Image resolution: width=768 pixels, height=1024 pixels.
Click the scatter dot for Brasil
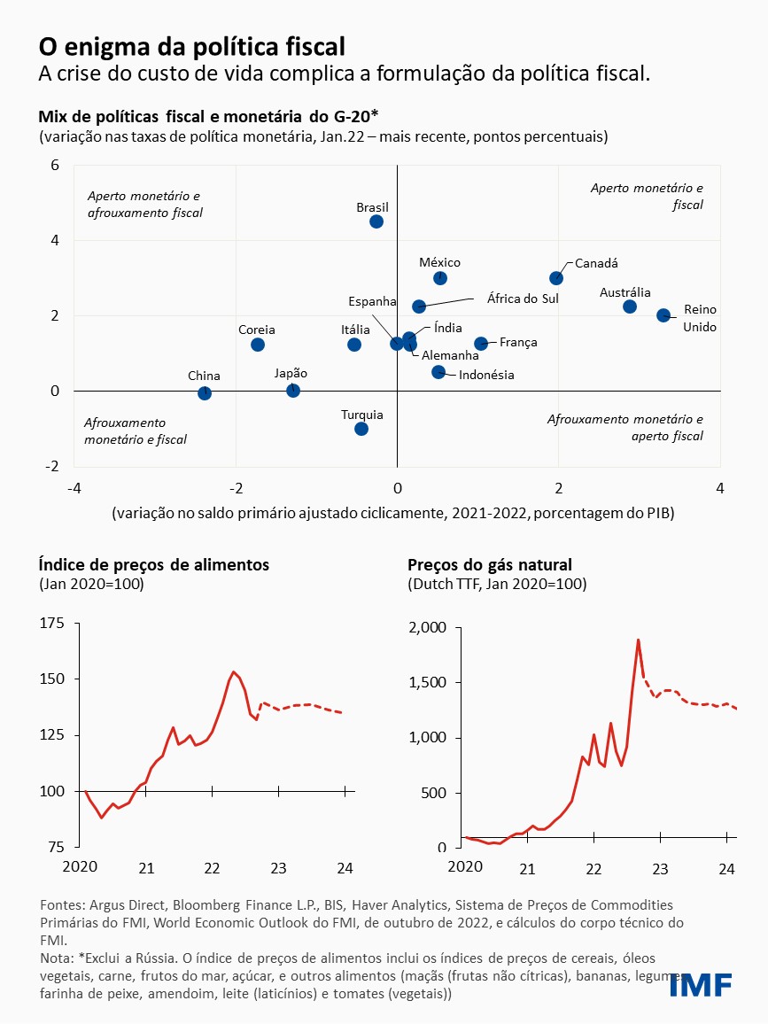coord(376,221)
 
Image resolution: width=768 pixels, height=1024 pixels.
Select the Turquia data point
coord(361,429)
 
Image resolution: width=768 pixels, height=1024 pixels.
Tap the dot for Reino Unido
coord(663,315)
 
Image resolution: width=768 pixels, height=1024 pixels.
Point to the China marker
coord(205,393)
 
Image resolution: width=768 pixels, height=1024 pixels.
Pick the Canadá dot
coord(556,278)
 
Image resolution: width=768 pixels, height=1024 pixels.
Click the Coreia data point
coord(258,345)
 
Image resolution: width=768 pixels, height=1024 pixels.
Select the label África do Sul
coord(523,299)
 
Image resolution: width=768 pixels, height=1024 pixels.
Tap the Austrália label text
coord(625,292)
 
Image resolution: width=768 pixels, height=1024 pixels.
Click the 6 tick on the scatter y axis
coord(55,165)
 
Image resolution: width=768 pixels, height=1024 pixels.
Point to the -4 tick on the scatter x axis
coord(74,488)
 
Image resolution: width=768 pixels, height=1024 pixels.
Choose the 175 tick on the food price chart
coord(52,624)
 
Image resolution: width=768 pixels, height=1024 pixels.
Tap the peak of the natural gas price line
coord(638,640)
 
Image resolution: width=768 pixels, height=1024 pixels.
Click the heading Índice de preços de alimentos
coord(153,564)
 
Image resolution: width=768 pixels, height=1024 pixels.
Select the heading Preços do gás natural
coord(490,564)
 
